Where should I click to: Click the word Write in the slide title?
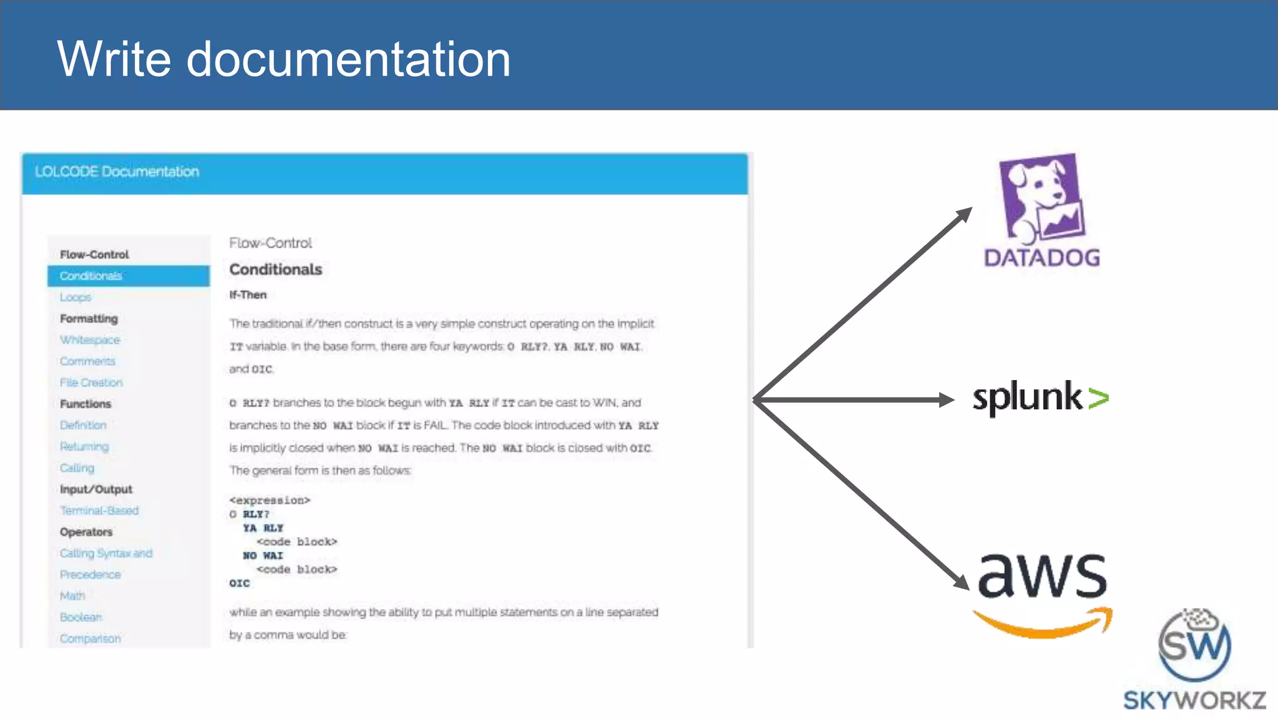114,59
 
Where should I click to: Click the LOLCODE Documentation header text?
117,172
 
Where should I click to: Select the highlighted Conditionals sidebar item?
91,276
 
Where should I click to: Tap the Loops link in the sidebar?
76,297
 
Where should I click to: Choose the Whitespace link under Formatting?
90,340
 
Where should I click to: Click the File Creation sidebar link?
91,383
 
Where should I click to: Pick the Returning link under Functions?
84,446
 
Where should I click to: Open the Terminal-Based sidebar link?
99,511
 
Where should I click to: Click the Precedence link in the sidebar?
90,574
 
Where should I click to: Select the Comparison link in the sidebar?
90,638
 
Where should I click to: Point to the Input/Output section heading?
96,489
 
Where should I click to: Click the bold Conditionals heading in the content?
276,270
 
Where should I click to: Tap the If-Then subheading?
248,295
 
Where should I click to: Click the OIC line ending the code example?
240,583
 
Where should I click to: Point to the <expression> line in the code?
270,501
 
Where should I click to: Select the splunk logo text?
1027,398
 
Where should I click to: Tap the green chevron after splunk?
1098,398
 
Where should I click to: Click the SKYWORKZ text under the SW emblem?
1194,700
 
